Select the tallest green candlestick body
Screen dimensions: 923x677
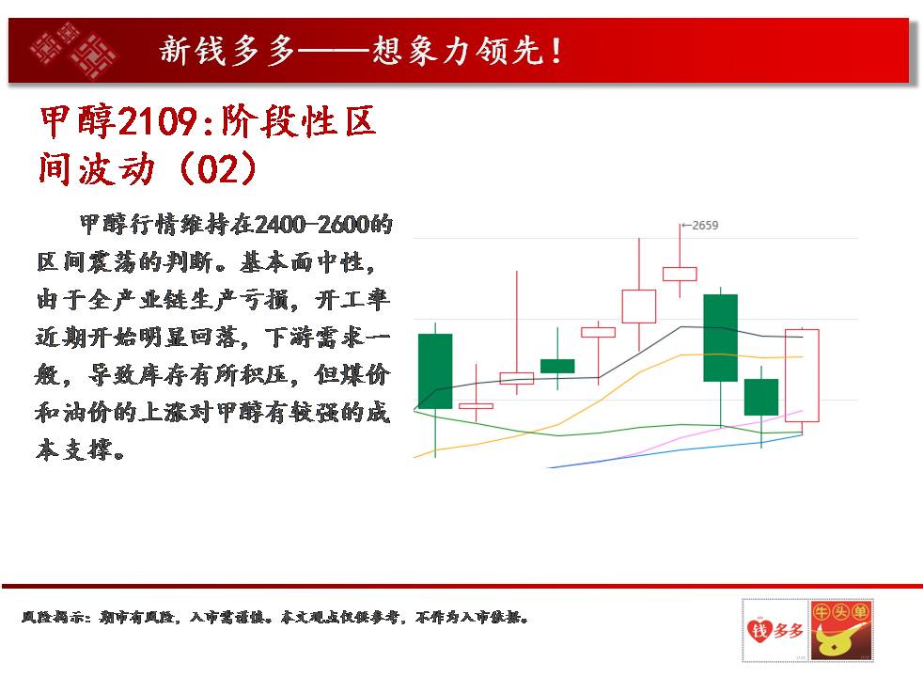coord(721,338)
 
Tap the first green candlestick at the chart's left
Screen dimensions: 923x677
coord(435,370)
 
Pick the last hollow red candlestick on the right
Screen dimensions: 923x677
coord(802,375)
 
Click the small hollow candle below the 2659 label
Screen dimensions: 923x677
coord(680,274)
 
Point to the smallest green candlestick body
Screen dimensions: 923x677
coord(557,366)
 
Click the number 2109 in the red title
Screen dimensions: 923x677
coord(158,122)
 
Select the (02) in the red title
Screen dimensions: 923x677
coord(218,169)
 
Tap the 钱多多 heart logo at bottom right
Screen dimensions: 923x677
coord(774,630)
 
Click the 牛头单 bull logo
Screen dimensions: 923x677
coord(840,630)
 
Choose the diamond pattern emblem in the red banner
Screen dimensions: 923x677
coord(73,50)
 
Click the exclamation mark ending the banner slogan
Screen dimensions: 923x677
coord(555,51)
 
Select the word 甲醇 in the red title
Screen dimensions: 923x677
coord(79,122)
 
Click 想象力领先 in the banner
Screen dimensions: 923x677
coord(458,51)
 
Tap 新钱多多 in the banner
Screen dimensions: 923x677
coord(227,51)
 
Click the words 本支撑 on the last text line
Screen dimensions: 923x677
coord(80,450)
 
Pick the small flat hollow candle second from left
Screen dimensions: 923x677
coord(477,405)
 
